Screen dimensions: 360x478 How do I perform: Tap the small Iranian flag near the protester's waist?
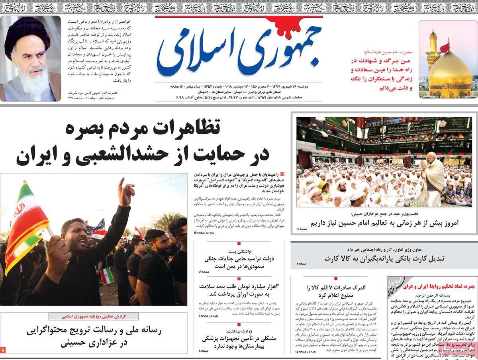coord(107,275)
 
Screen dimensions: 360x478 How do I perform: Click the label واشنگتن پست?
coord(239,251)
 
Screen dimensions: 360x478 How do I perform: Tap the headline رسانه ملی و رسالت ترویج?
coord(94,337)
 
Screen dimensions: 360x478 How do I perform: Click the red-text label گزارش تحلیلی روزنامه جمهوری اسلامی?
coord(94,317)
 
